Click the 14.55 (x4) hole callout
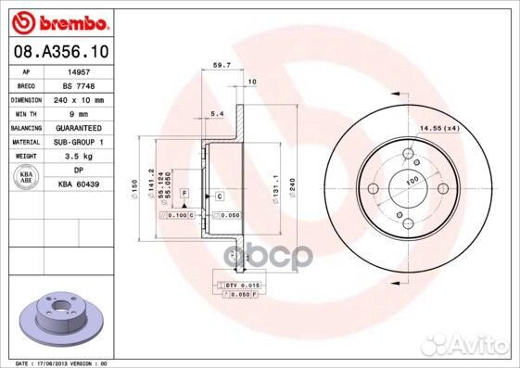[x=463, y=126]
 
